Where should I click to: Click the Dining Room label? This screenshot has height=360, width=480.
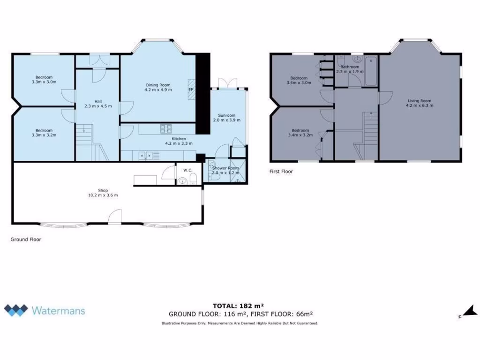tap(158, 85)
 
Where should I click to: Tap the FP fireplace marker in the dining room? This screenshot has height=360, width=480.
tap(190, 90)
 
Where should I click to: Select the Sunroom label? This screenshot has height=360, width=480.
tap(226, 115)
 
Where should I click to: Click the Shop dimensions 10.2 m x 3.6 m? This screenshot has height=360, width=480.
tap(103, 195)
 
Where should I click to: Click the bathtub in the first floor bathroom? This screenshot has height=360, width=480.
tap(371, 71)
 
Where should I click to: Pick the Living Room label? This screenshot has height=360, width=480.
tap(419, 101)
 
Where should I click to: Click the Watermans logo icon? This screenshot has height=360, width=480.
tap(16, 310)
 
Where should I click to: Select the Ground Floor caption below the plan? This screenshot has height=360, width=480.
tap(26, 240)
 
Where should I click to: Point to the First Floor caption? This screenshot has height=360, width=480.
tap(281, 172)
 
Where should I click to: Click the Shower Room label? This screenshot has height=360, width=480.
tap(225, 168)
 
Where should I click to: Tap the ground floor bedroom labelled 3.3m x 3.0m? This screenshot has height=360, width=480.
tap(44, 79)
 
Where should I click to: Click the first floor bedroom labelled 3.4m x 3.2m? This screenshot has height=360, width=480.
tap(300, 133)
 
